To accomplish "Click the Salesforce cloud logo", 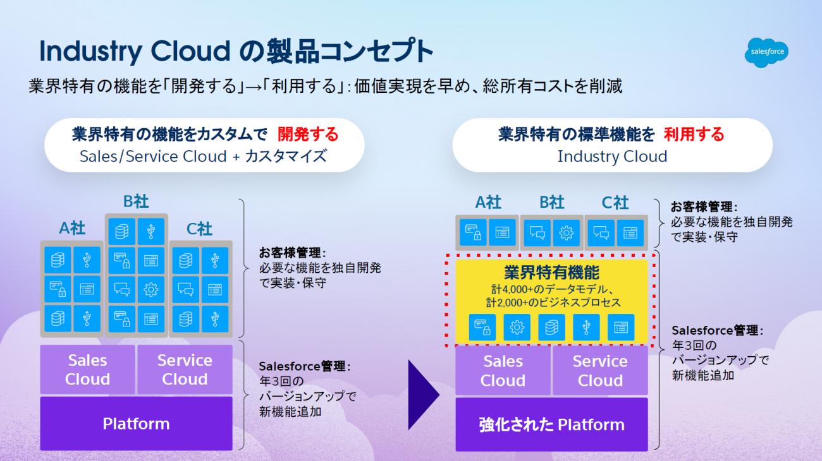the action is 766,52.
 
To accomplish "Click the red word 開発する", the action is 308,134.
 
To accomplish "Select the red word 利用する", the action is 694,134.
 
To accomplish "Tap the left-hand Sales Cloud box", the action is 87,369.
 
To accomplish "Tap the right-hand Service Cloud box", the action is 600,371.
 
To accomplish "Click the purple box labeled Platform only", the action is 136,423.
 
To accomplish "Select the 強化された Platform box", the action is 551,424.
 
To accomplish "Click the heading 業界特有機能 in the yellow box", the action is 551,272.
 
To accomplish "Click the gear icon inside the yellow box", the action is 517,327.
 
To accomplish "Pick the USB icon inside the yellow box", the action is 586,327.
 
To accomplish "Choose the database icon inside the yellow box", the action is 551,327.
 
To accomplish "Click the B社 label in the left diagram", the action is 136,201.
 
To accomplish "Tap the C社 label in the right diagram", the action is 615,203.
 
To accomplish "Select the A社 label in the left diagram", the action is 72,229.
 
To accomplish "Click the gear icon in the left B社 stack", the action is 151,289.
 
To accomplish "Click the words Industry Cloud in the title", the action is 135,51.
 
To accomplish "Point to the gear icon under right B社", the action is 566,232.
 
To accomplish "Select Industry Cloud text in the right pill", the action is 612,157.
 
